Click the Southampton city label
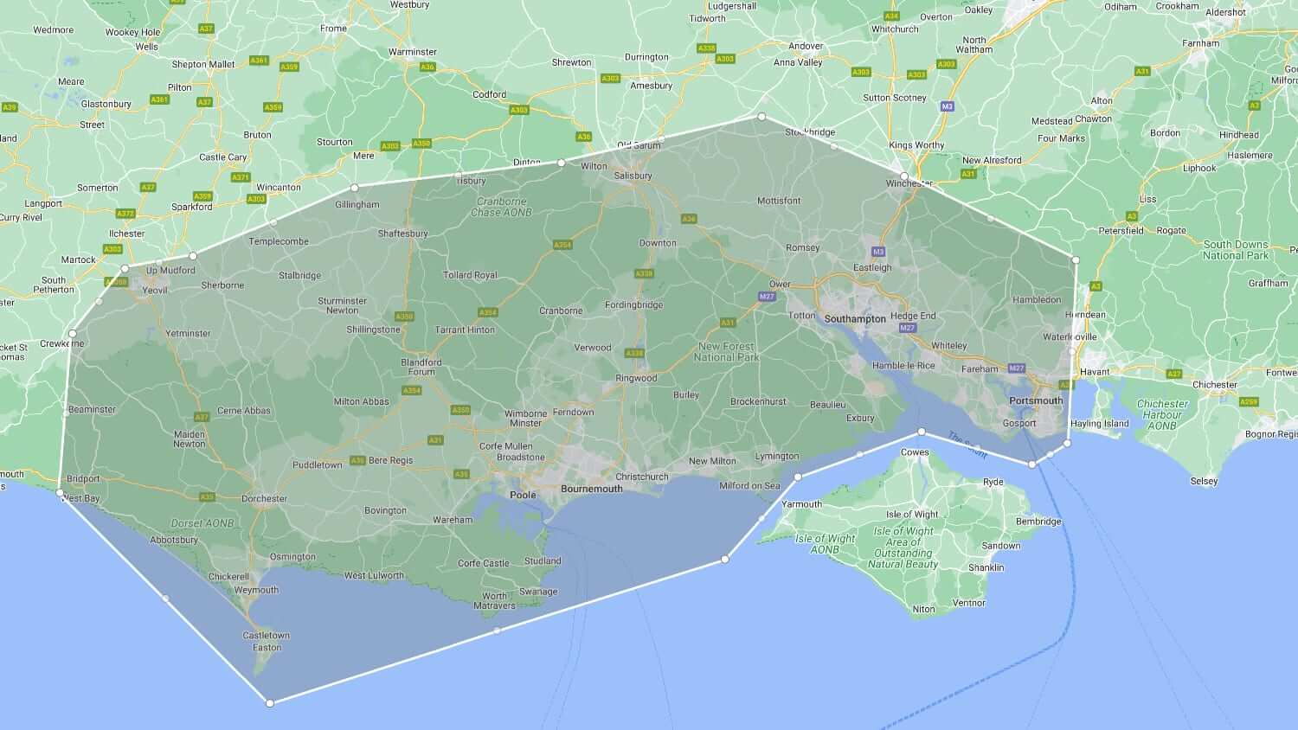(x=855, y=319)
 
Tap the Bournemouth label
(x=592, y=489)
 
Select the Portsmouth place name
(x=1036, y=400)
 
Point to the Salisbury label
(x=633, y=176)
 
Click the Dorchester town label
(x=264, y=498)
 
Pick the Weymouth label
(x=256, y=590)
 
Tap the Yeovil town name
(x=154, y=291)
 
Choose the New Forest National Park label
(x=726, y=352)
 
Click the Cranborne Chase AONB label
(x=501, y=207)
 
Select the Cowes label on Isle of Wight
(x=915, y=452)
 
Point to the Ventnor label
(x=968, y=603)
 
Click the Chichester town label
(x=1214, y=385)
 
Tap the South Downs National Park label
(x=1235, y=250)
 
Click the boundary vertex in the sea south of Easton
(x=270, y=703)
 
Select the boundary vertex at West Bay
(x=60, y=493)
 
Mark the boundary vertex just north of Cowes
(x=922, y=431)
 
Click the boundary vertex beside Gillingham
(x=354, y=188)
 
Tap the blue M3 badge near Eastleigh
(x=878, y=252)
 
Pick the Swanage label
(x=538, y=592)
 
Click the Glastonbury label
(x=106, y=104)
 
